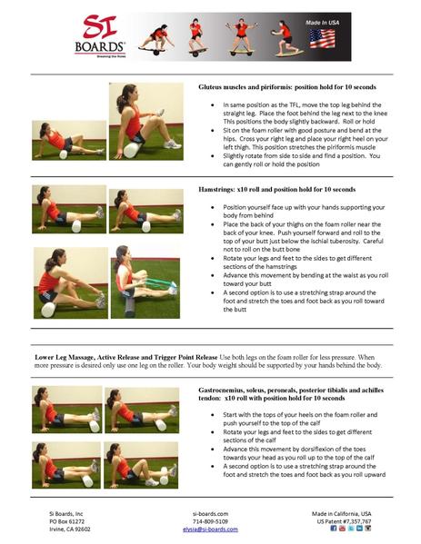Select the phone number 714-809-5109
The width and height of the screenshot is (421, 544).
210,521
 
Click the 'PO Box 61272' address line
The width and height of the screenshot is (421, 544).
73,521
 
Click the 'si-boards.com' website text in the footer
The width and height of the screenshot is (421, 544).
210,513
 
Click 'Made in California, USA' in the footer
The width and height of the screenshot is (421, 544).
349,513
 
